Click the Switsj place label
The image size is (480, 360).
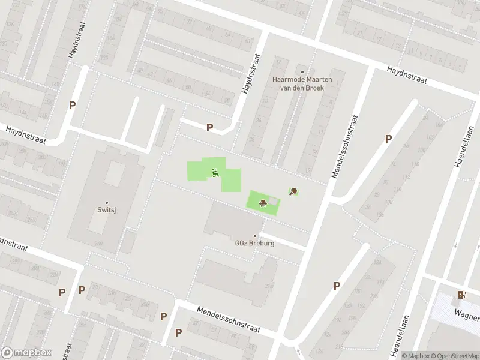[x=107, y=211]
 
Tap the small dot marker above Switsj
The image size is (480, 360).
[x=107, y=203]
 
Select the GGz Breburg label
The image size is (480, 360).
[x=255, y=244]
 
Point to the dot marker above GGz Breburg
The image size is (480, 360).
[x=255, y=236]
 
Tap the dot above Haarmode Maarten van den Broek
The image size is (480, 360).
[x=302, y=71]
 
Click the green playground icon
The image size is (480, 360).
[x=215, y=173]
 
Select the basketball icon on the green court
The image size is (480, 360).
[x=262, y=202]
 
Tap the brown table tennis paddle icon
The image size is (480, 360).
[x=294, y=192]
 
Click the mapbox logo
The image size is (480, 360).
[x=26, y=353]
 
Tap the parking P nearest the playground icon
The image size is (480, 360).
[x=209, y=127]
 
